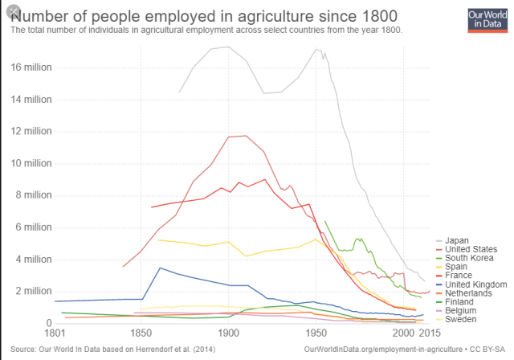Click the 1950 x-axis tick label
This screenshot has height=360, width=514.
[x=316, y=332]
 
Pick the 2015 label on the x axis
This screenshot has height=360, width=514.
[x=430, y=332]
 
